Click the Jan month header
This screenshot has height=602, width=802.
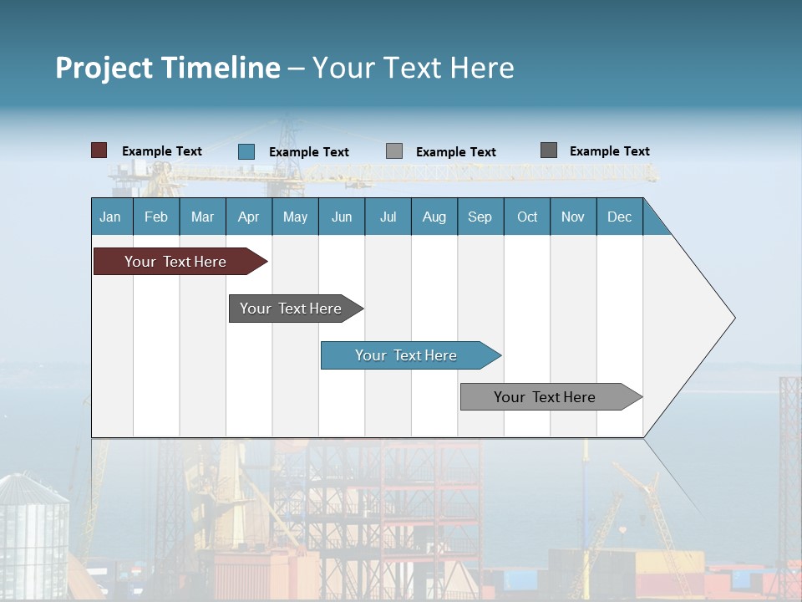(x=111, y=217)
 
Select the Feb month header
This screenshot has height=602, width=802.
(x=156, y=217)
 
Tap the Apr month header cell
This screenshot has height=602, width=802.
(x=249, y=217)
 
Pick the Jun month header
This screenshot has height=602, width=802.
(x=342, y=217)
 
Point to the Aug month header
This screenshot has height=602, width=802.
(x=434, y=217)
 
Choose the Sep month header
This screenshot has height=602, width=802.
(x=480, y=217)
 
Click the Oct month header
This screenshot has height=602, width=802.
(x=527, y=217)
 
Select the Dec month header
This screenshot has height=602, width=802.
(x=620, y=217)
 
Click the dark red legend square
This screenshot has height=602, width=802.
(x=99, y=150)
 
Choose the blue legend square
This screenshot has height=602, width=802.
(x=246, y=151)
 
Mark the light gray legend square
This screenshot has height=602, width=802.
(x=394, y=151)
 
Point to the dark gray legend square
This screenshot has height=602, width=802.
(x=549, y=150)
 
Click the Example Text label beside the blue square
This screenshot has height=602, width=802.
(x=309, y=152)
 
